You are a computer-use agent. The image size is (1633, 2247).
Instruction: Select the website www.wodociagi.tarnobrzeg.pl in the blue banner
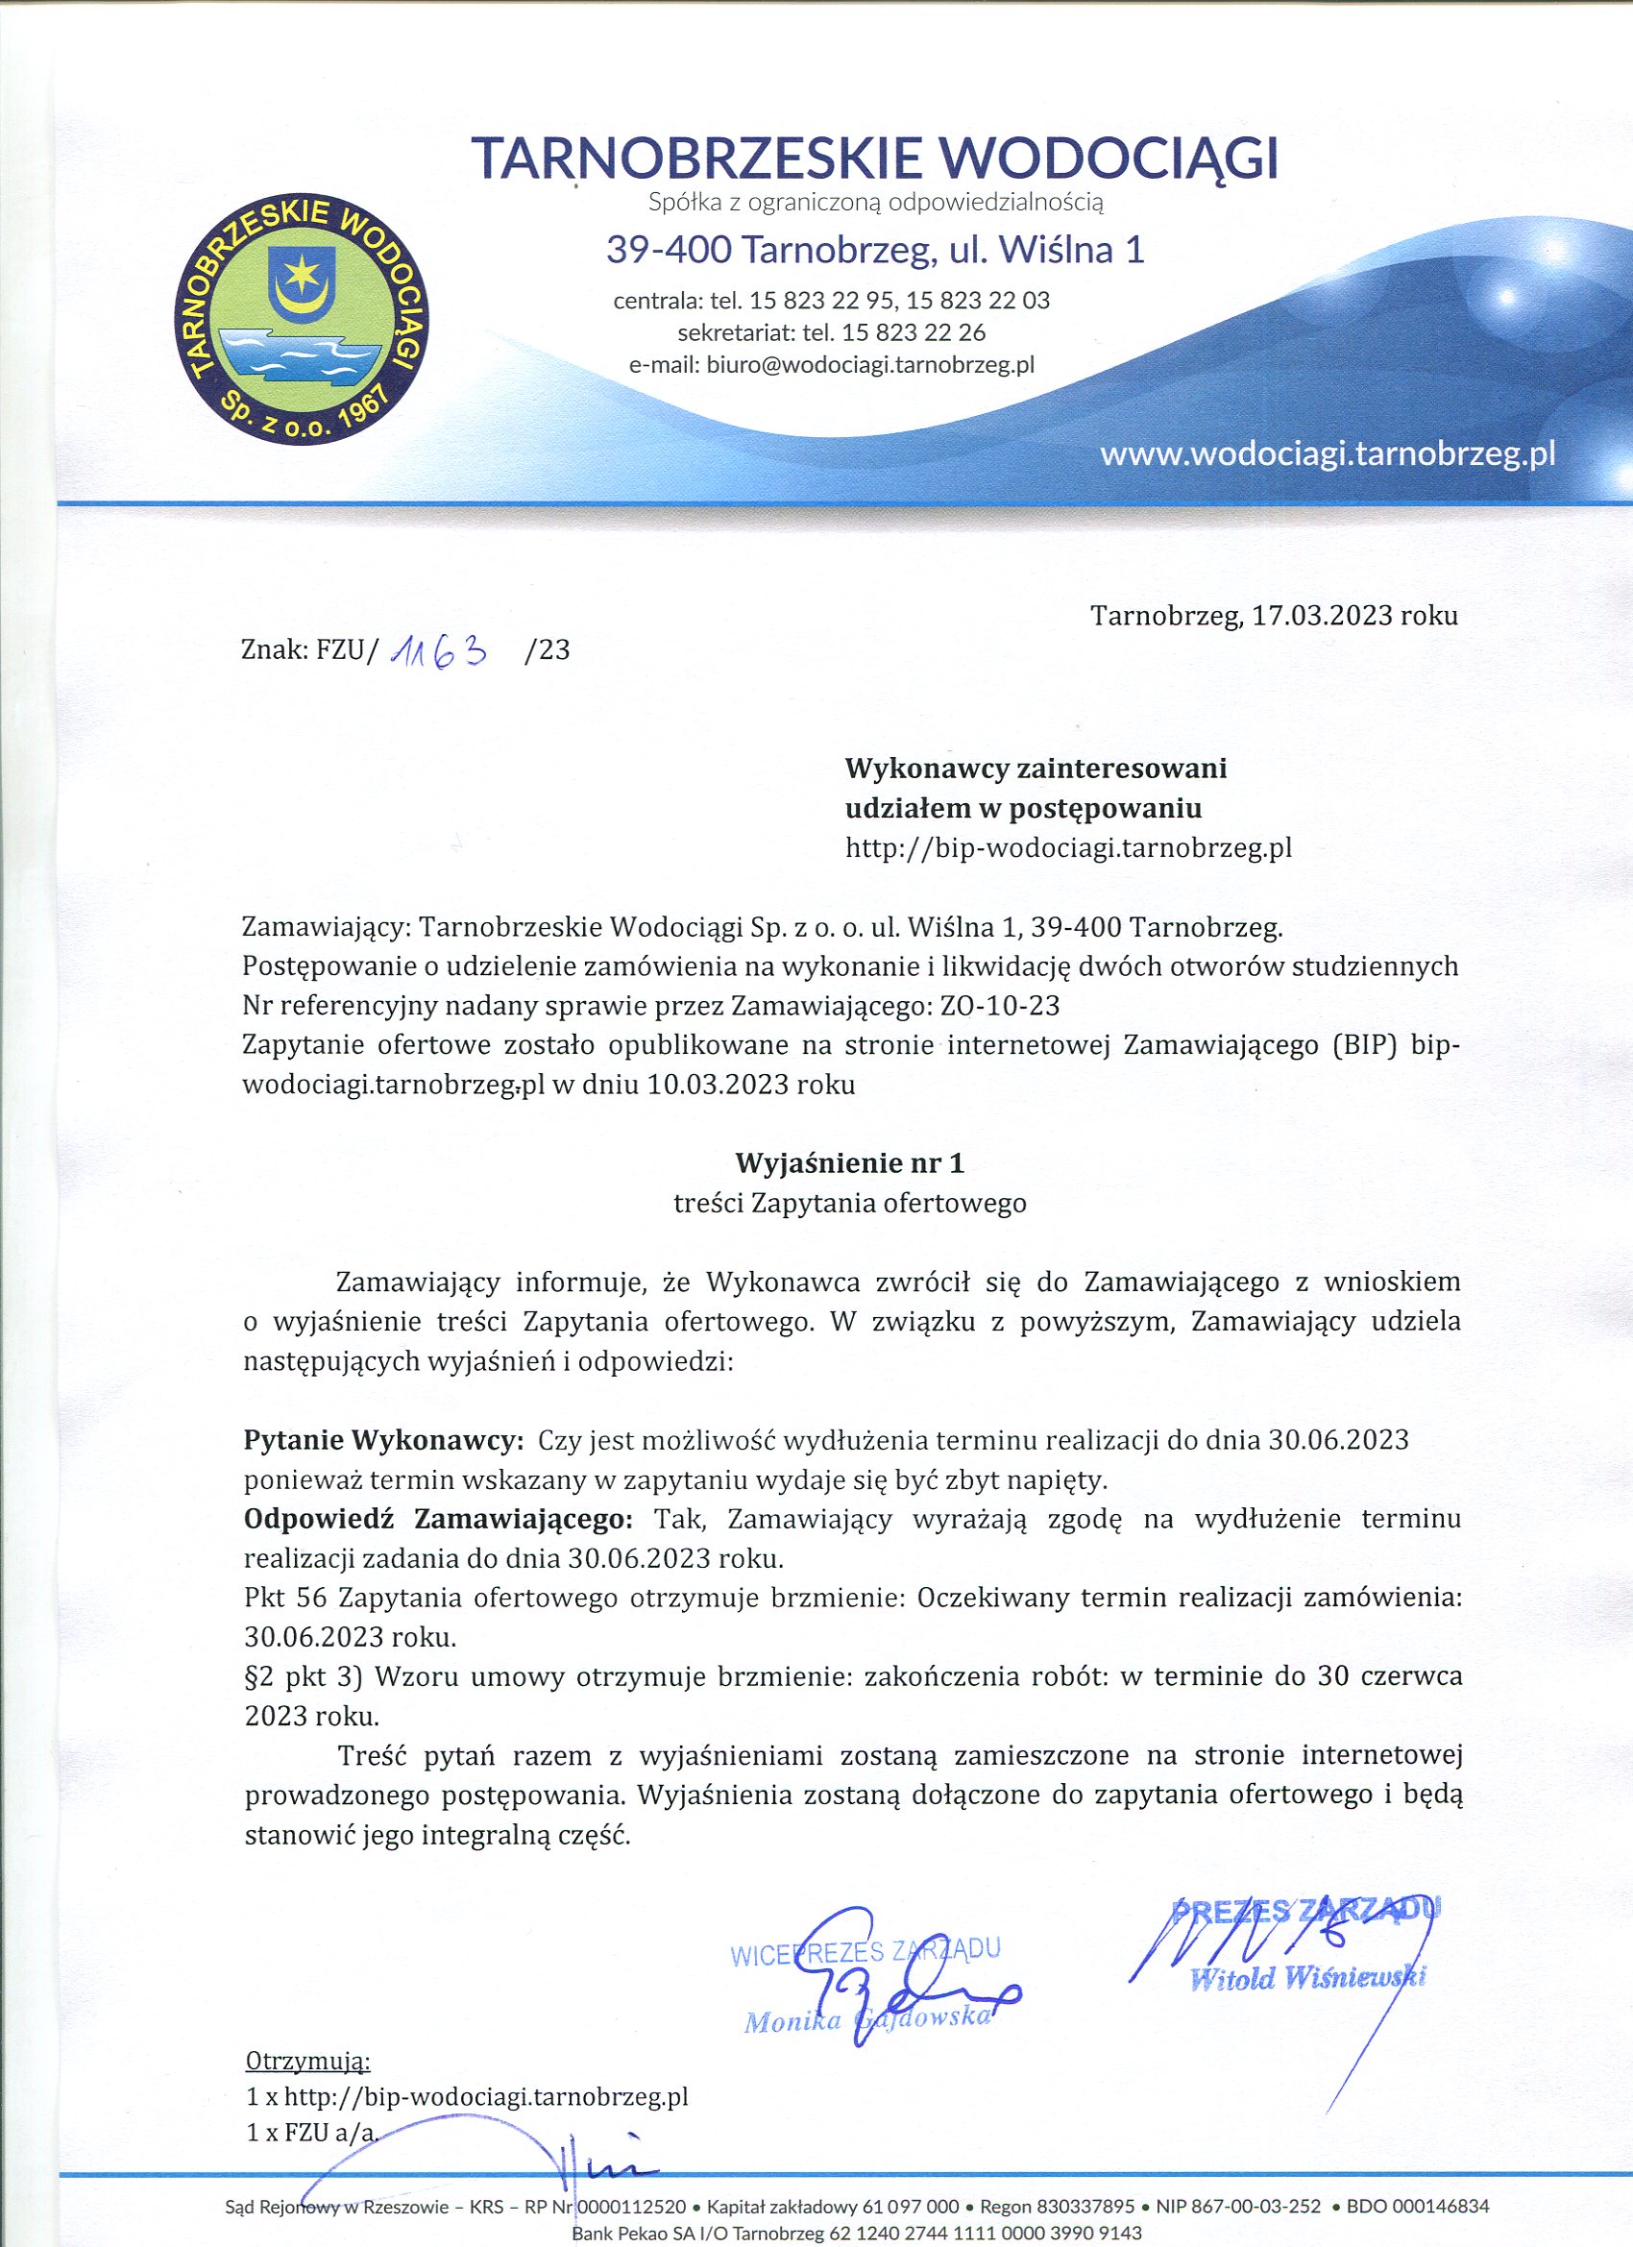coord(1327,453)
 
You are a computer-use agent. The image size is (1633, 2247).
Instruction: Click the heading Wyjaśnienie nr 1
coord(849,1162)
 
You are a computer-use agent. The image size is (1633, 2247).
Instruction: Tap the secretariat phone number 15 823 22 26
coord(913,331)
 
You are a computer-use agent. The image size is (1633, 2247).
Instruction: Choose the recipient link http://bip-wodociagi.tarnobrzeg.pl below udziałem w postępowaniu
coord(1068,847)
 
